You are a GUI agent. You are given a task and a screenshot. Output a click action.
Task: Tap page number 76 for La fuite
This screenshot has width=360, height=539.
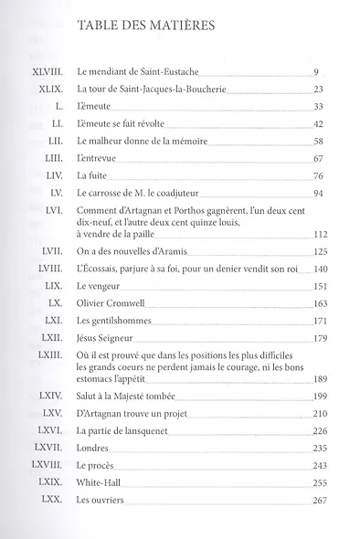click(x=320, y=175)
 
